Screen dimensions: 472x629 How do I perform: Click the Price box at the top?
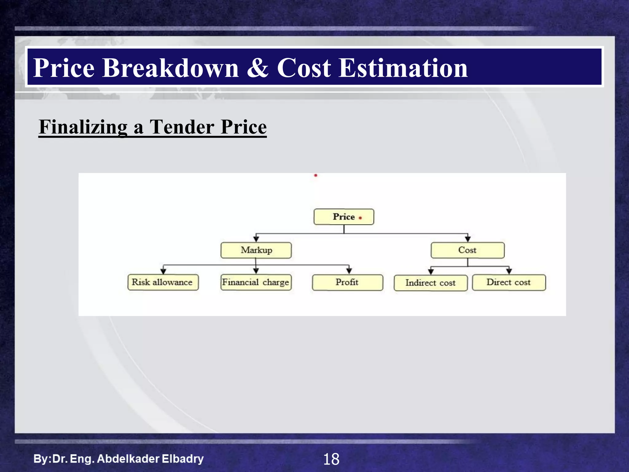coord(343,217)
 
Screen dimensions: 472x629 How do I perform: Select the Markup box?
coord(256,250)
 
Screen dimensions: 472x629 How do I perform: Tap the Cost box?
coord(467,250)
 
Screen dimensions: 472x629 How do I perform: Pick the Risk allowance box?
coord(163,282)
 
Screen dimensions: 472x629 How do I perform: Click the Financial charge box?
coord(256,282)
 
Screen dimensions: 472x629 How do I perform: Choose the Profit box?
coord(347,282)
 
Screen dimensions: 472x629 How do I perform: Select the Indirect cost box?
coord(430,283)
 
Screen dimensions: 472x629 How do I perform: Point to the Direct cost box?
coord(509,282)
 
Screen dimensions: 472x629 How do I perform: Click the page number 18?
coord(331,459)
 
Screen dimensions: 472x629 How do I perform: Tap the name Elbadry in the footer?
coord(182,459)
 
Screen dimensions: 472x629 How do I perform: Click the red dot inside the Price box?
coord(360,218)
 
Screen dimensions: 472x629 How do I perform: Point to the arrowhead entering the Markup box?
coord(256,239)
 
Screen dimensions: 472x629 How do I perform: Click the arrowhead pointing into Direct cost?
coord(509,271)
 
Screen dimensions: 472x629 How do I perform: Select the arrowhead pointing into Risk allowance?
coord(163,271)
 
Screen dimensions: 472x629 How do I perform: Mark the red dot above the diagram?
coord(315,175)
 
